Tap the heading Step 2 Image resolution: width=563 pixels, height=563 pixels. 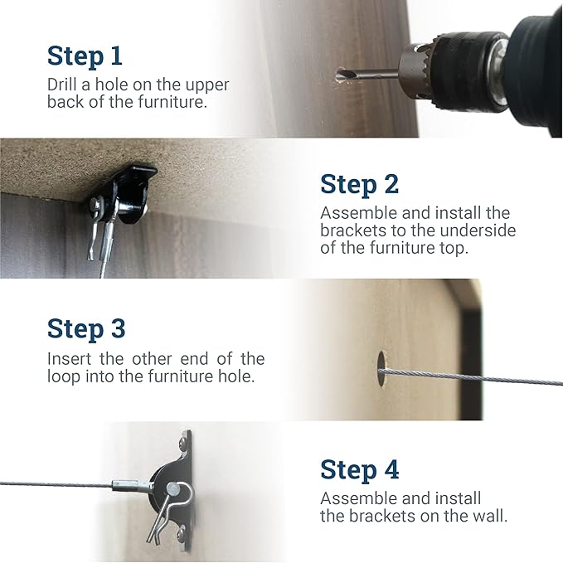359,183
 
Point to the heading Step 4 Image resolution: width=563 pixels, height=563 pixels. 359,469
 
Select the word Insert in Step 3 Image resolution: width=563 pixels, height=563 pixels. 68,359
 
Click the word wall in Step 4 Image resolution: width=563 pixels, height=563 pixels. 487,515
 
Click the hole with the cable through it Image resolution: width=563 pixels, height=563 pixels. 381,368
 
